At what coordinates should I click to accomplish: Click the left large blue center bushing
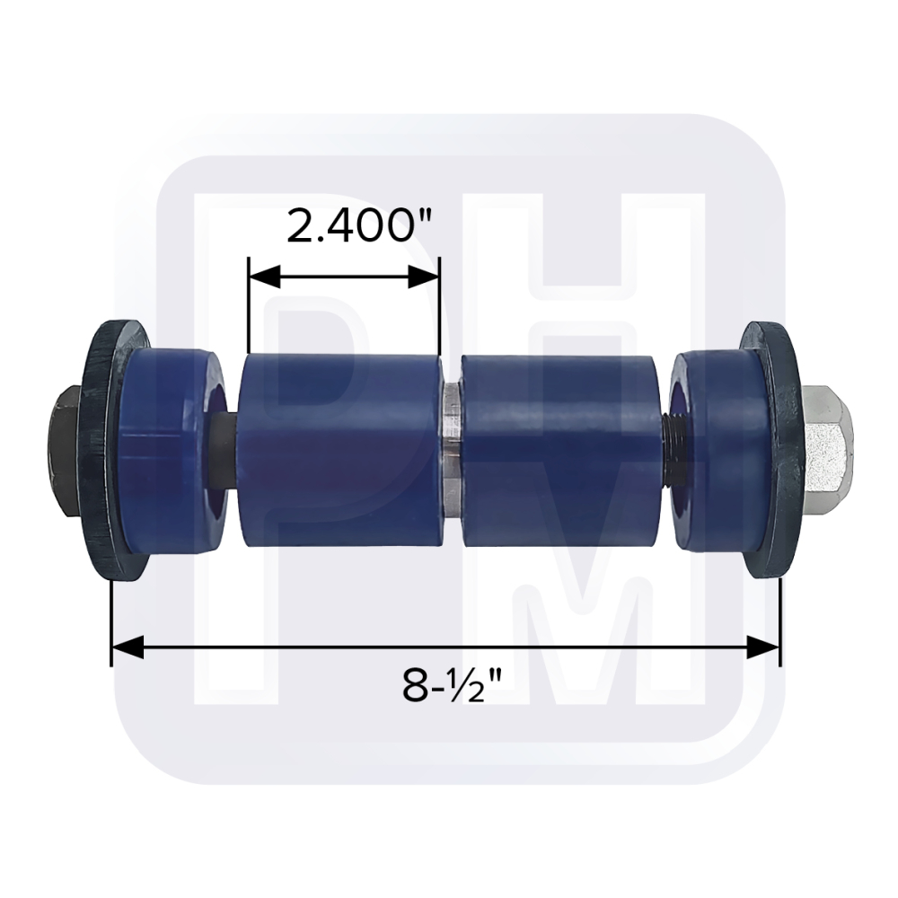click(341, 449)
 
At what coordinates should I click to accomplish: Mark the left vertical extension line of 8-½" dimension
click(111, 620)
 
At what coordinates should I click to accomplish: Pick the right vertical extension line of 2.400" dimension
click(439, 305)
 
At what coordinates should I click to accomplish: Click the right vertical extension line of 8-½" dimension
click(779, 620)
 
